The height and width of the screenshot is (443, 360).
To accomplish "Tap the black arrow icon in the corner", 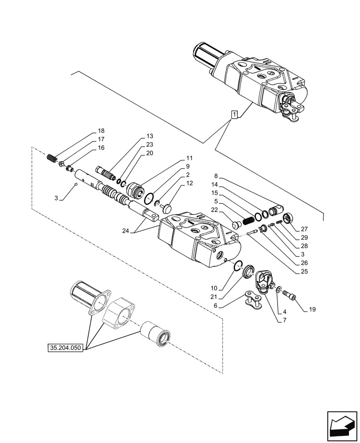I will tap(342, 425).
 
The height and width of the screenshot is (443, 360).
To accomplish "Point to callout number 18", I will tap(101, 131).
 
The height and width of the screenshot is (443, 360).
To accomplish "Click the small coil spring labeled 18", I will tap(52, 157).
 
